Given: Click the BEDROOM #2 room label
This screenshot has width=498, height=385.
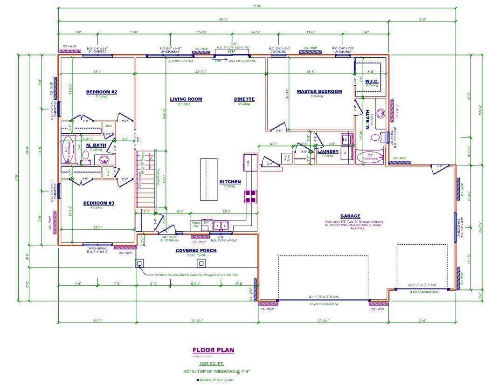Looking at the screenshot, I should (x=101, y=92).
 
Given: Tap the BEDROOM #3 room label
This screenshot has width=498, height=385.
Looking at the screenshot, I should (x=98, y=203).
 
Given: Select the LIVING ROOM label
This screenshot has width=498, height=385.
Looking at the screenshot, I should (x=186, y=99).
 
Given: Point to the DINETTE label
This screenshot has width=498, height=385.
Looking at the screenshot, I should (x=244, y=99).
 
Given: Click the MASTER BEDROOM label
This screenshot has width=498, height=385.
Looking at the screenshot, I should (x=319, y=92).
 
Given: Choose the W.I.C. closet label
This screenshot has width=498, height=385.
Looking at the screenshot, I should (x=372, y=82).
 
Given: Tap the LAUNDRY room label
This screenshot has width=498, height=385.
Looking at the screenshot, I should (x=328, y=151).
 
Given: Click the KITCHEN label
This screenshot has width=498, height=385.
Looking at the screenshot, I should (x=230, y=182).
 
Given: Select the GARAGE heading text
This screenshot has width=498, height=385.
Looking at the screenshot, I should (x=350, y=216).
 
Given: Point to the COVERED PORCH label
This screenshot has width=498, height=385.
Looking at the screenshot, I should (x=196, y=251).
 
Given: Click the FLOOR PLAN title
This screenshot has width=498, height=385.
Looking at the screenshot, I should (x=213, y=350).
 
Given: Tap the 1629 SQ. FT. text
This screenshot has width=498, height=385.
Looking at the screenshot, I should (x=212, y=363).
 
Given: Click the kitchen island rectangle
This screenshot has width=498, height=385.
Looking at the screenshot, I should (x=208, y=179).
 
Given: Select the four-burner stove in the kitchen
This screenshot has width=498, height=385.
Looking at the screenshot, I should (x=249, y=196).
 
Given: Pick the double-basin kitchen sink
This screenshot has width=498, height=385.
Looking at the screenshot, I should (x=221, y=226).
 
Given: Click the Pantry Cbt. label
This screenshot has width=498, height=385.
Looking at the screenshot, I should (x=196, y=225).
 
